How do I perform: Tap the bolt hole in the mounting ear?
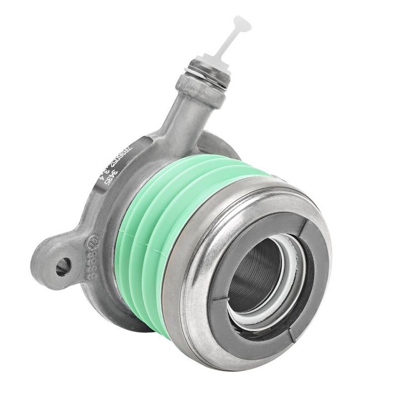pos(63,267)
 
